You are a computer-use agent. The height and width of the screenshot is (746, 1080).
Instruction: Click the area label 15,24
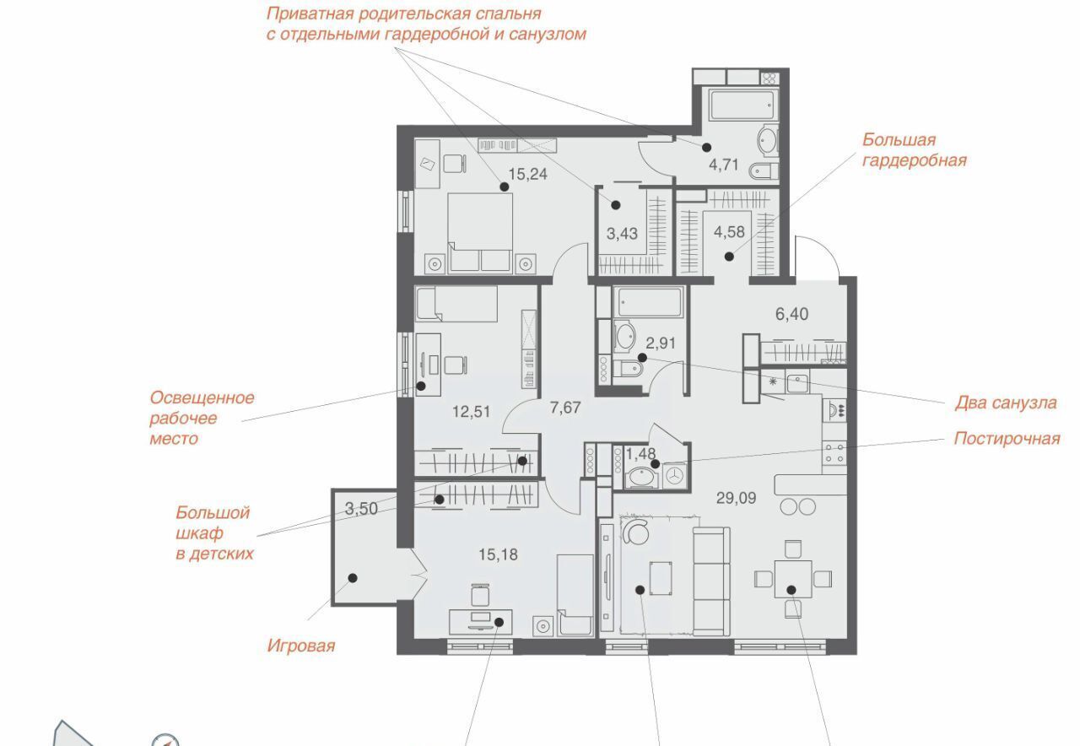coord(528,174)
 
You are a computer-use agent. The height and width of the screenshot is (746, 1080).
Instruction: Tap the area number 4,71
coord(724,165)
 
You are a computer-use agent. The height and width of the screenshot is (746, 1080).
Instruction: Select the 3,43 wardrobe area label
coord(622,234)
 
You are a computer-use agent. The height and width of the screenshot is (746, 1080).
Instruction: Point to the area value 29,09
coord(737,498)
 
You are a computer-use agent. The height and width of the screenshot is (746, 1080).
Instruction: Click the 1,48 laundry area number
coord(640,453)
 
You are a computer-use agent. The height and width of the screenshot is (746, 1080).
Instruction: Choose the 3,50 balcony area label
coord(361,508)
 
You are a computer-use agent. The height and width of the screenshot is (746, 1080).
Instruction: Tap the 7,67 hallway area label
coord(565,408)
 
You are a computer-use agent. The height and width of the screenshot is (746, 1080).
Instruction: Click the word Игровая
coord(301,646)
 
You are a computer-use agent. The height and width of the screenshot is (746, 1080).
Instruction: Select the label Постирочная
coord(1007,439)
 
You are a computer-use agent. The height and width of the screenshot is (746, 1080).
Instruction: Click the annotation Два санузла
coord(1006,403)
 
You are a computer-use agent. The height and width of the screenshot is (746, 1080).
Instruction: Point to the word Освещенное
coord(202,397)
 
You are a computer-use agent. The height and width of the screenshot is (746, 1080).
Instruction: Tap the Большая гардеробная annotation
coord(914,150)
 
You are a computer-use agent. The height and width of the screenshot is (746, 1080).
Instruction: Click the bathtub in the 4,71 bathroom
coord(743,105)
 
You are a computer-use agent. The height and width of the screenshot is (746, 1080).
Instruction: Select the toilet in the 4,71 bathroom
coord(764,170)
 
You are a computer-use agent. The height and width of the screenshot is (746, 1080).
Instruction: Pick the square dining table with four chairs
coord(793,579)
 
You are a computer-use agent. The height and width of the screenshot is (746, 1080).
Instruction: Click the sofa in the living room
coord(711,581)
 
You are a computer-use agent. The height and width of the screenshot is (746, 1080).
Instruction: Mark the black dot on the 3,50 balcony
coord(353,578)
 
